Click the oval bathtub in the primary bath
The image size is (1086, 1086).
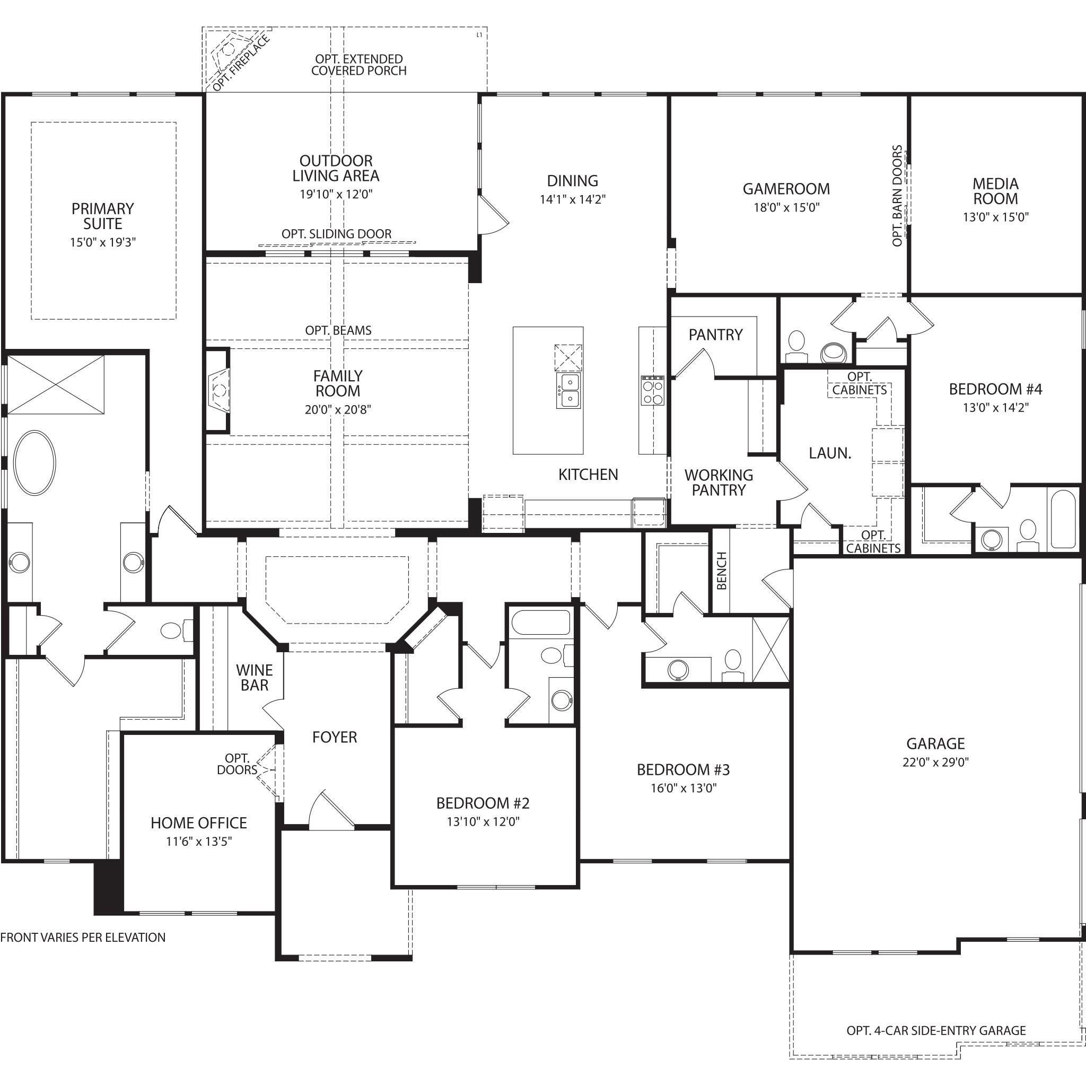pos(35,462)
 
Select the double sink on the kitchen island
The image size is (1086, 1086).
pos(568,391)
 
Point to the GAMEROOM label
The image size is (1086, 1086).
pos(786,189)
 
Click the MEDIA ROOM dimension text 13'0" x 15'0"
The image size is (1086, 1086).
pos(995,217)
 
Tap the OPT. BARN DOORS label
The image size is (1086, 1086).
pos(897,196)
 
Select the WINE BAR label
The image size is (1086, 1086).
pos(254,677)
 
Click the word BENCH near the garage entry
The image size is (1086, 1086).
pos(722,571)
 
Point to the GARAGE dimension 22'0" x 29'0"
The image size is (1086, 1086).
pos(935,762)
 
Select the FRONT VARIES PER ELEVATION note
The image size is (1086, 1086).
pos(83,937)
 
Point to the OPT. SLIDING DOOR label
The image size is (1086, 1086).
pos(336,234)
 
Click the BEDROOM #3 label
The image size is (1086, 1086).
pos(683,769)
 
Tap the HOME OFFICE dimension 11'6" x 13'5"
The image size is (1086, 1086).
pos(198,842)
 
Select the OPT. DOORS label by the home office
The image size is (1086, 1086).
pos(237,765)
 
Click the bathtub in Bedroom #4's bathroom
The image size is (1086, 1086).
pos(1062,519)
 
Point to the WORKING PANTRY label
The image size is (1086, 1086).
pos(719,483)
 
